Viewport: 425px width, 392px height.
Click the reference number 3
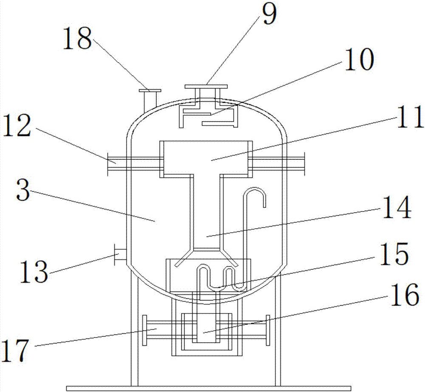tap(25, 193)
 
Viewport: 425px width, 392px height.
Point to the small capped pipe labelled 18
tap(150, 99)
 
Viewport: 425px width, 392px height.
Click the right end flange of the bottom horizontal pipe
tap(268, 330)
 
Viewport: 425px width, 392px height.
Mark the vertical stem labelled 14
tap(206, 213)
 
